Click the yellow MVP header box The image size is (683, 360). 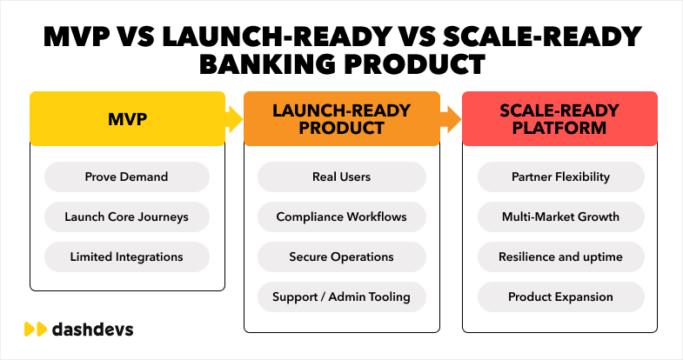(127, 118)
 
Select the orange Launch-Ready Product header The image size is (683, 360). (340, 118)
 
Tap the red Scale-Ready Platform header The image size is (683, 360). (559, 118)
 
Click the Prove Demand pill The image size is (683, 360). (127, 177)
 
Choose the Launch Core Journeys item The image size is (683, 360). (127, 217)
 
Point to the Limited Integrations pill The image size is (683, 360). (127, 257)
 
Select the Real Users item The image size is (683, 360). (341, 177)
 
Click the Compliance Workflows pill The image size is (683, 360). (341, 217)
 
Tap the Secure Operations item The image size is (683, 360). (341, 257)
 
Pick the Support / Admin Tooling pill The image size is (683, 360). (341, 297)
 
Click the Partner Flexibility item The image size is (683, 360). (560, 177)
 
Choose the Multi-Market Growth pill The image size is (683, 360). (560, 217)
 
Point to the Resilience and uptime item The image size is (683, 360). (560, 257)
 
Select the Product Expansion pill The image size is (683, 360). (560, 297)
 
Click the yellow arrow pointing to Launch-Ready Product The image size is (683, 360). (233, 118)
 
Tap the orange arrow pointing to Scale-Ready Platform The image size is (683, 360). (450, 118)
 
